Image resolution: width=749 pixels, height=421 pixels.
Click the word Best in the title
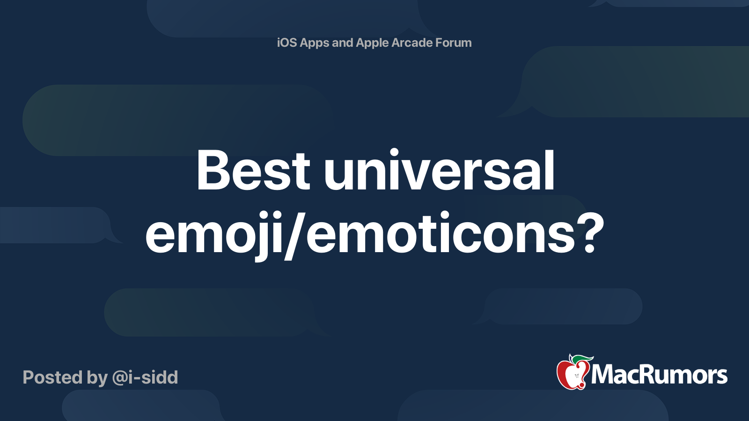(253, 171)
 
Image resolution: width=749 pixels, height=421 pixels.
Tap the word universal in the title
(439, 171)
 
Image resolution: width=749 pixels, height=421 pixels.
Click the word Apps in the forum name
(315, 43)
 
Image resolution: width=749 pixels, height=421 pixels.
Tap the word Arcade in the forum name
(412, 43)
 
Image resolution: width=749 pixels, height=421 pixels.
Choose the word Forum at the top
(454, 43)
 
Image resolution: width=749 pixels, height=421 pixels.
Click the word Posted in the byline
(52, 377)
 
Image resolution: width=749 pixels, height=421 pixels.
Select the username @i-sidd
(145, 377)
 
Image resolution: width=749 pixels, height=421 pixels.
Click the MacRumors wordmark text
(659, 375)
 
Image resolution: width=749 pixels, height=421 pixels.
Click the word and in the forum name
(342, 43)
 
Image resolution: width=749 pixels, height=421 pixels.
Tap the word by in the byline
(97, 378)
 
